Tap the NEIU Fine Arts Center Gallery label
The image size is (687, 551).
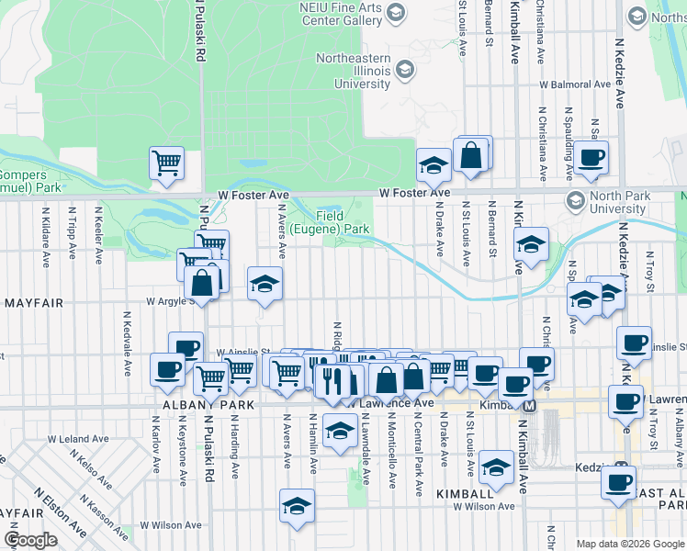(x=342, y=14)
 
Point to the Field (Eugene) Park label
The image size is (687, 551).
(x=330, y=221)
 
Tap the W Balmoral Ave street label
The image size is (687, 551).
(x=575, y=84)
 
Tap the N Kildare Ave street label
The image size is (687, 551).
(x=45, y=236)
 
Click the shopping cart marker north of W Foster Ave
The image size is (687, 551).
(x=167, y=163)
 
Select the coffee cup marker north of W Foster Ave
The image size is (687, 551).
(x=591, y=156)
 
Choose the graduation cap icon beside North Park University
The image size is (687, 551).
(x=576, y=201)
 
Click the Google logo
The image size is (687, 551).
(x=30, y=540)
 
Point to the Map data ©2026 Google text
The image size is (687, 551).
(x=629, y=544)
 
